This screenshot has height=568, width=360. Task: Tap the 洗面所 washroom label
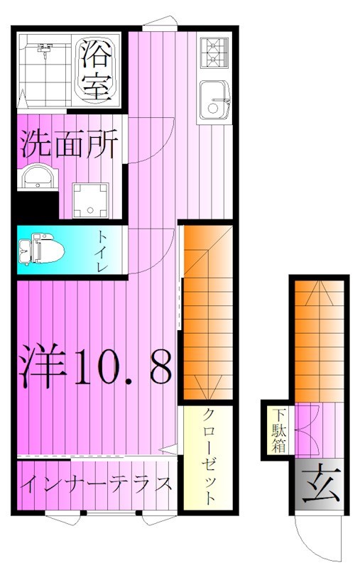[69, 144]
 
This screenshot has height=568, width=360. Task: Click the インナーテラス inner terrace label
[97, 485]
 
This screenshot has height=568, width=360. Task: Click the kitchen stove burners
[214, 50]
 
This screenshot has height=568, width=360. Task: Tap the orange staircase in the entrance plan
[317, 341]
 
